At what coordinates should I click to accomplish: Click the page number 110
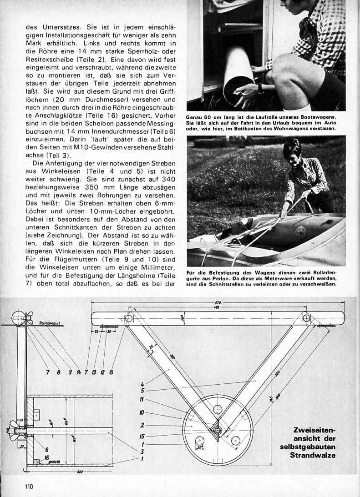pos(30,486)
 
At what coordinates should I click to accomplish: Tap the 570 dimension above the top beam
pos(218,303)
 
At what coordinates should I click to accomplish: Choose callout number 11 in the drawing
pos(142,400)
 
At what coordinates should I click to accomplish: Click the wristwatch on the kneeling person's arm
pos(261,87)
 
